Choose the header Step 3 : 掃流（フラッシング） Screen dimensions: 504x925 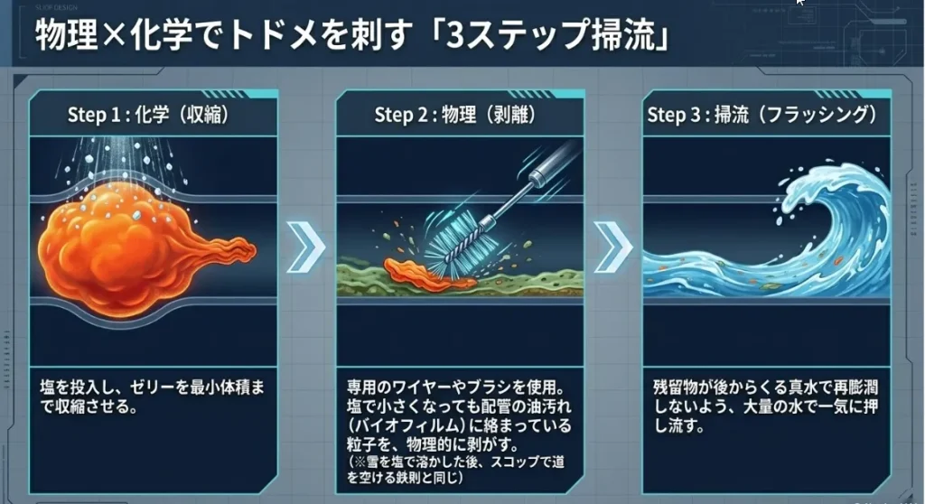762,116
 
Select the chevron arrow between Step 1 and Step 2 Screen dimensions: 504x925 305,247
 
